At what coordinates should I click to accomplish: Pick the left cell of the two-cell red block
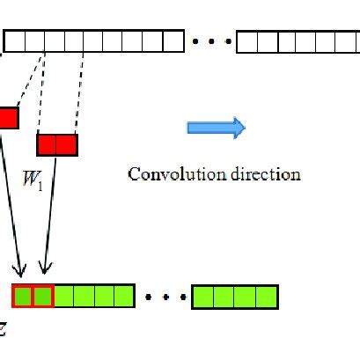[x=47, y=144]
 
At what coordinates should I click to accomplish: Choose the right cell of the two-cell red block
[x=66, y=144]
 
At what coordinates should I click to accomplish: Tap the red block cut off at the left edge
[x=8, y=118]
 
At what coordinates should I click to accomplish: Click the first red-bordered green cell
[x=23, y=296]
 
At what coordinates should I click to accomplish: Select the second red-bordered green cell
[x=43, y=296]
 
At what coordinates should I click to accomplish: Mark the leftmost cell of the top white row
[x=13, y=40]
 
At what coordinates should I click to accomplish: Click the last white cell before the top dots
[x=173, y=40]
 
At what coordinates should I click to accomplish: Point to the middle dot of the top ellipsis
[x=210, y=40]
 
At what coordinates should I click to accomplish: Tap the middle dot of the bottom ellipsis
[x=163, y=296]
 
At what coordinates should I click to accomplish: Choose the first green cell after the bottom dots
[x=203, y=296]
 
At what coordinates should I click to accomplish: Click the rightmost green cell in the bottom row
[x=267, y=296]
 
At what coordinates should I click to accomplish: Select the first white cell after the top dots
[x=246, y=40]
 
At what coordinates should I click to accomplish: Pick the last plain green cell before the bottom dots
[x=123, y=296]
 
